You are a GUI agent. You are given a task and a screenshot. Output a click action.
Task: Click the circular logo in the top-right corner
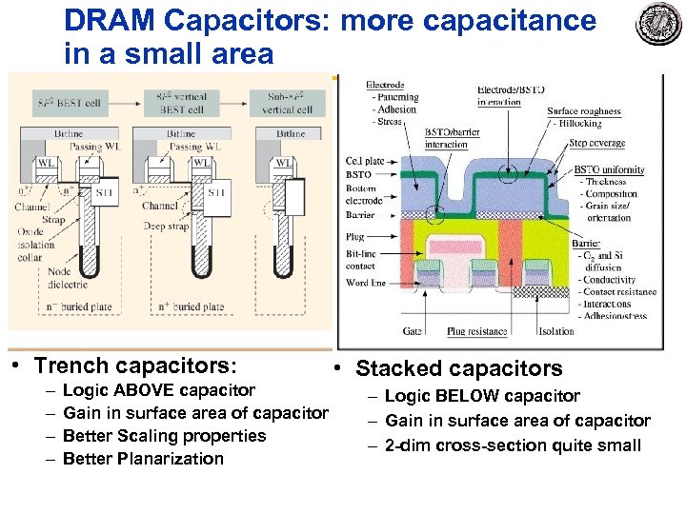coord(658,24)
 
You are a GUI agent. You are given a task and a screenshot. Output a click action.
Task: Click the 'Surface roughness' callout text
coord(584,111)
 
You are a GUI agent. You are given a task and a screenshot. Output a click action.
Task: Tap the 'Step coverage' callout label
coord(596,144)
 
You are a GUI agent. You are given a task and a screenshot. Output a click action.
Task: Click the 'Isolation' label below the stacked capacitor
coord(555,331)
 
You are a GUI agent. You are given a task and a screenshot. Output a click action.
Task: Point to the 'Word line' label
coord(368,283)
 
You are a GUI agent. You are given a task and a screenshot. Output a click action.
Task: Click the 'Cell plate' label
coord(365,162)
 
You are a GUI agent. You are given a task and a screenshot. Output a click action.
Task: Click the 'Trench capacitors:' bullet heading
coord(134,366)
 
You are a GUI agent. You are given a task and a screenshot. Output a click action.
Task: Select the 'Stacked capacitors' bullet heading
coord(458,368)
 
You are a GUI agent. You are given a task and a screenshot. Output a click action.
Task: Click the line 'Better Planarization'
coord(143,459)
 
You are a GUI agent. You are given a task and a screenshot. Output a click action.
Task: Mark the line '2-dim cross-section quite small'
coord(513,445)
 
